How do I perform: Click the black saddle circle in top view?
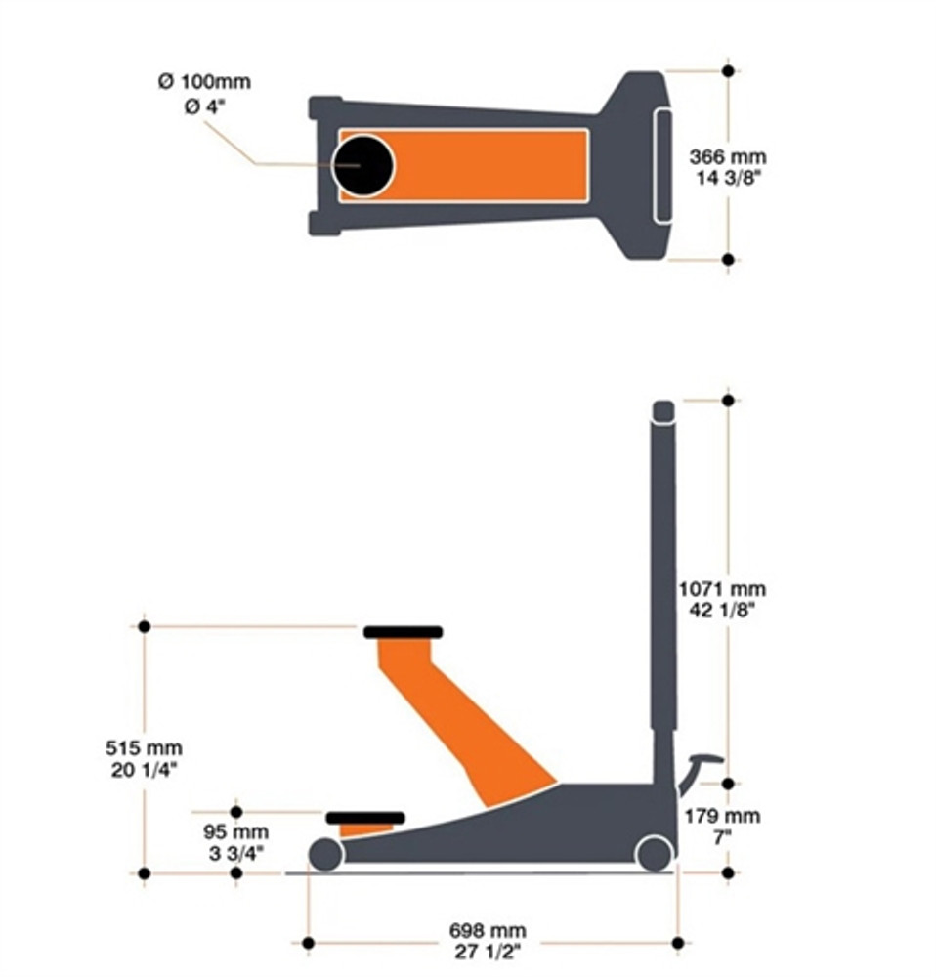(362, 165)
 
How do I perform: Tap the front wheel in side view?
(325, 855)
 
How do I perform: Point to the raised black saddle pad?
(403, 632)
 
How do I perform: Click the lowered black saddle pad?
(364, 817)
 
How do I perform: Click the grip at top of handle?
(663, 410)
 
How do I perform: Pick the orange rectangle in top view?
(489, 165)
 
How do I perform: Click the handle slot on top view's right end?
(662, 165)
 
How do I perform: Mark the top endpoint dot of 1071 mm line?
(727, 400)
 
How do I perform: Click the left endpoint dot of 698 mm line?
(308, 943)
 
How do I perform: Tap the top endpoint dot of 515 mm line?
(144, 626)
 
